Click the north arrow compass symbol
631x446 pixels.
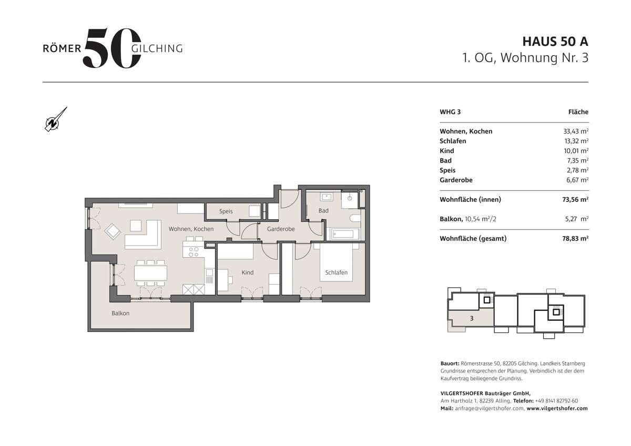(54, 120)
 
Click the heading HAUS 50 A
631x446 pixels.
(555, 41)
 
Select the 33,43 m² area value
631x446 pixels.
(576, 131)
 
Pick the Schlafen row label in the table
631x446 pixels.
(453, 141)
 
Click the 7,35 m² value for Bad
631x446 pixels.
(577, 160)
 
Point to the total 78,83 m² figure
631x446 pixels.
(575, 238)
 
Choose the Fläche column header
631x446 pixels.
(578, 112)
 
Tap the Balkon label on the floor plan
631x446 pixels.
(120, 313)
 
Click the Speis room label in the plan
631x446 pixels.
(226, 211)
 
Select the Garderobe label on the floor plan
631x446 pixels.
(280, 229)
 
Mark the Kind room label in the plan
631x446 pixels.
(247, 272)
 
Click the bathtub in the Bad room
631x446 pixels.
(345, 234)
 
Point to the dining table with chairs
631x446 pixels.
(150, 272)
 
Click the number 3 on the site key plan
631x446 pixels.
(472, 318)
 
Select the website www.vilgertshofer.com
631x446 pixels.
(557, 408)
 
